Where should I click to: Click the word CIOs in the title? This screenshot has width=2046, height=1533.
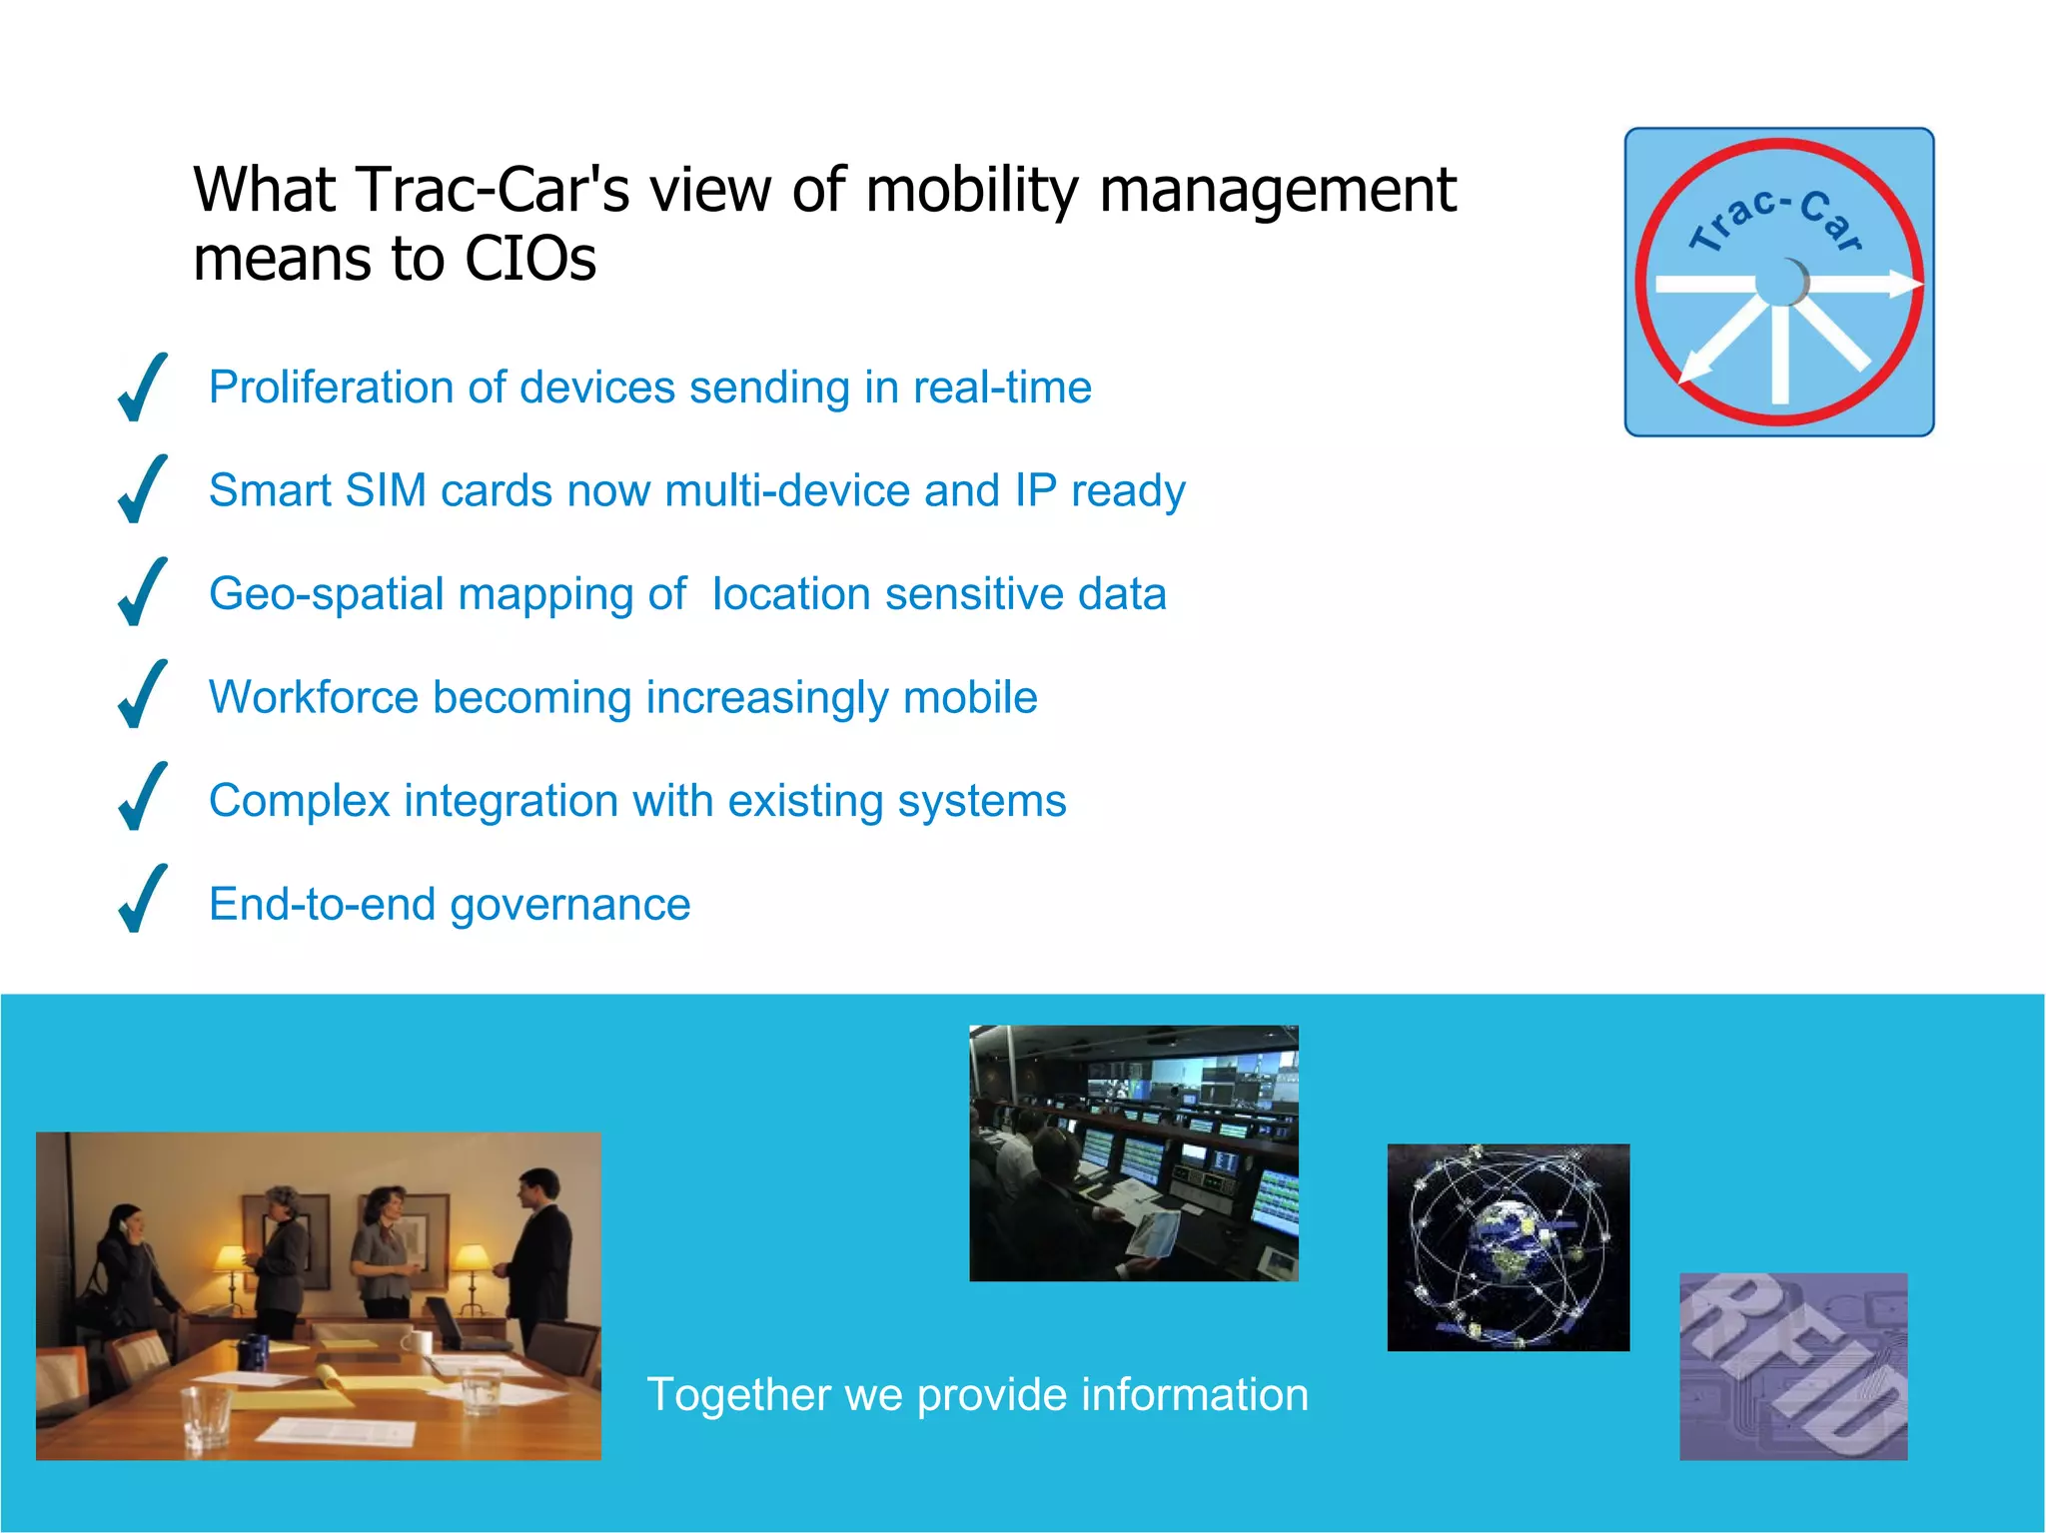coord(529,259)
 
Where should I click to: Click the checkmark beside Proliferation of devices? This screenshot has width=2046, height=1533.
coord(142,387)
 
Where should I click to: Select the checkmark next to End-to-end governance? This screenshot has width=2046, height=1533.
coord(142,900)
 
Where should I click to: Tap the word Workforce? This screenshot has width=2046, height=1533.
coord(313,697)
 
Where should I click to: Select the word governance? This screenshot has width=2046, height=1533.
coord(569,905)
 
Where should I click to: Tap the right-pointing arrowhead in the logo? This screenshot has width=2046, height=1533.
coord(1904,285)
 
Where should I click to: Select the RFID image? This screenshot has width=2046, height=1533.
coord(1792,1366)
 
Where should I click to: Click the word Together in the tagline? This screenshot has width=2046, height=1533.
coord(738,1395)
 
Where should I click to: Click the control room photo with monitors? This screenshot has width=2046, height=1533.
coord(1133,1153)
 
